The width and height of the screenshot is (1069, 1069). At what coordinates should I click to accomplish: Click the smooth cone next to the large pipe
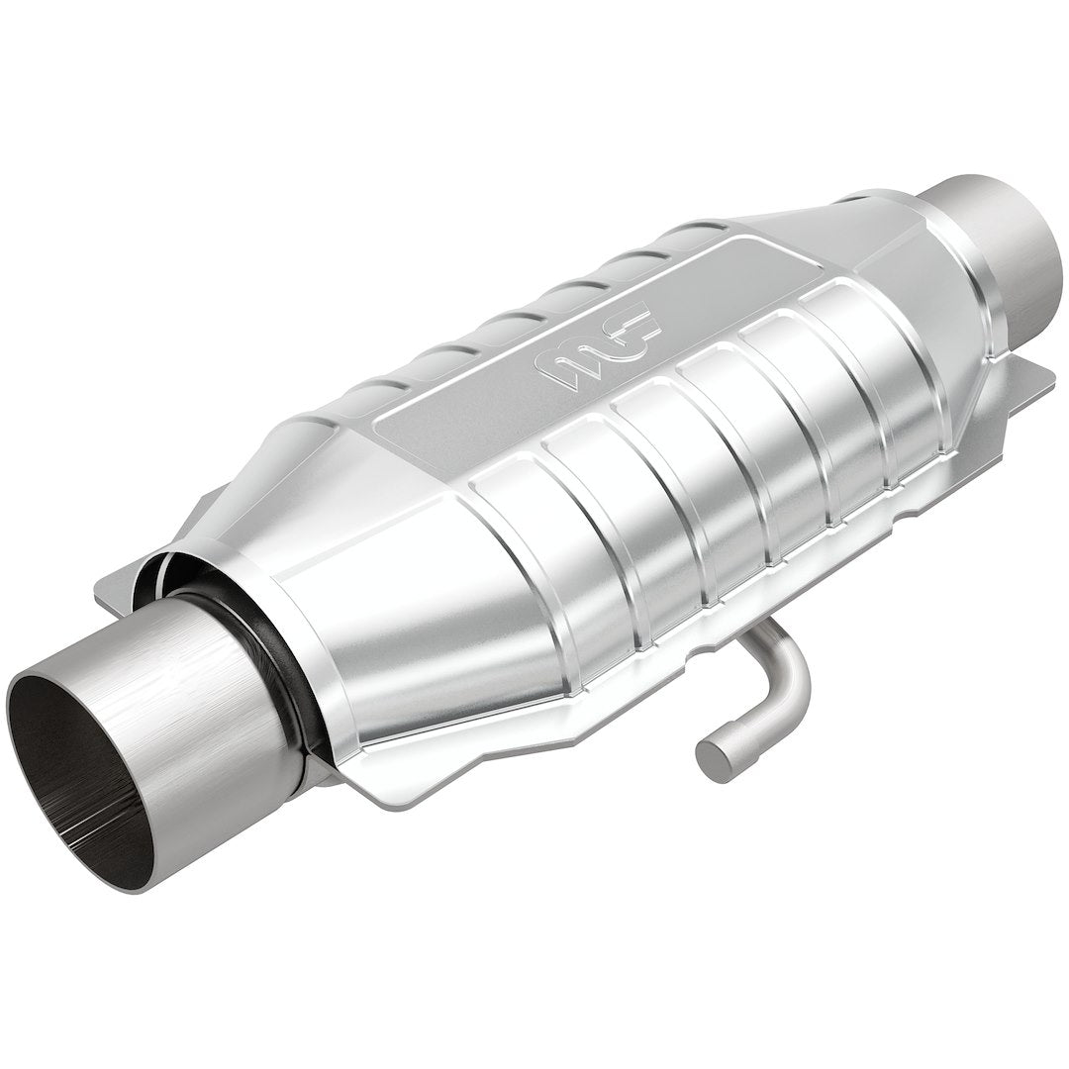click(x=416, y=614)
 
